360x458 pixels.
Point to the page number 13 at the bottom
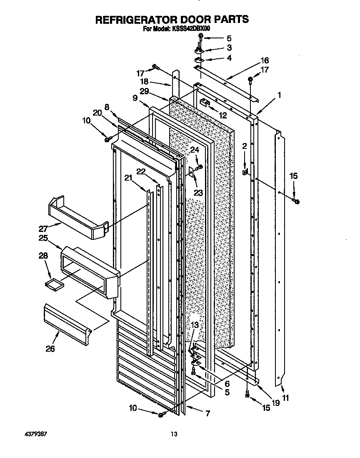click(174, 434)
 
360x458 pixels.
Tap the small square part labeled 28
click(52, 284)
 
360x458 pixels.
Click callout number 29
click(145, 91)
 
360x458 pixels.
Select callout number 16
click(265, 60)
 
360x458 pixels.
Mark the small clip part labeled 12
click(204, 102)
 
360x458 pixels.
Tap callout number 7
click(207, 414)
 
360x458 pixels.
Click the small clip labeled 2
click(246, 171)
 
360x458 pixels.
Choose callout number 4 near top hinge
click(229, 58)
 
